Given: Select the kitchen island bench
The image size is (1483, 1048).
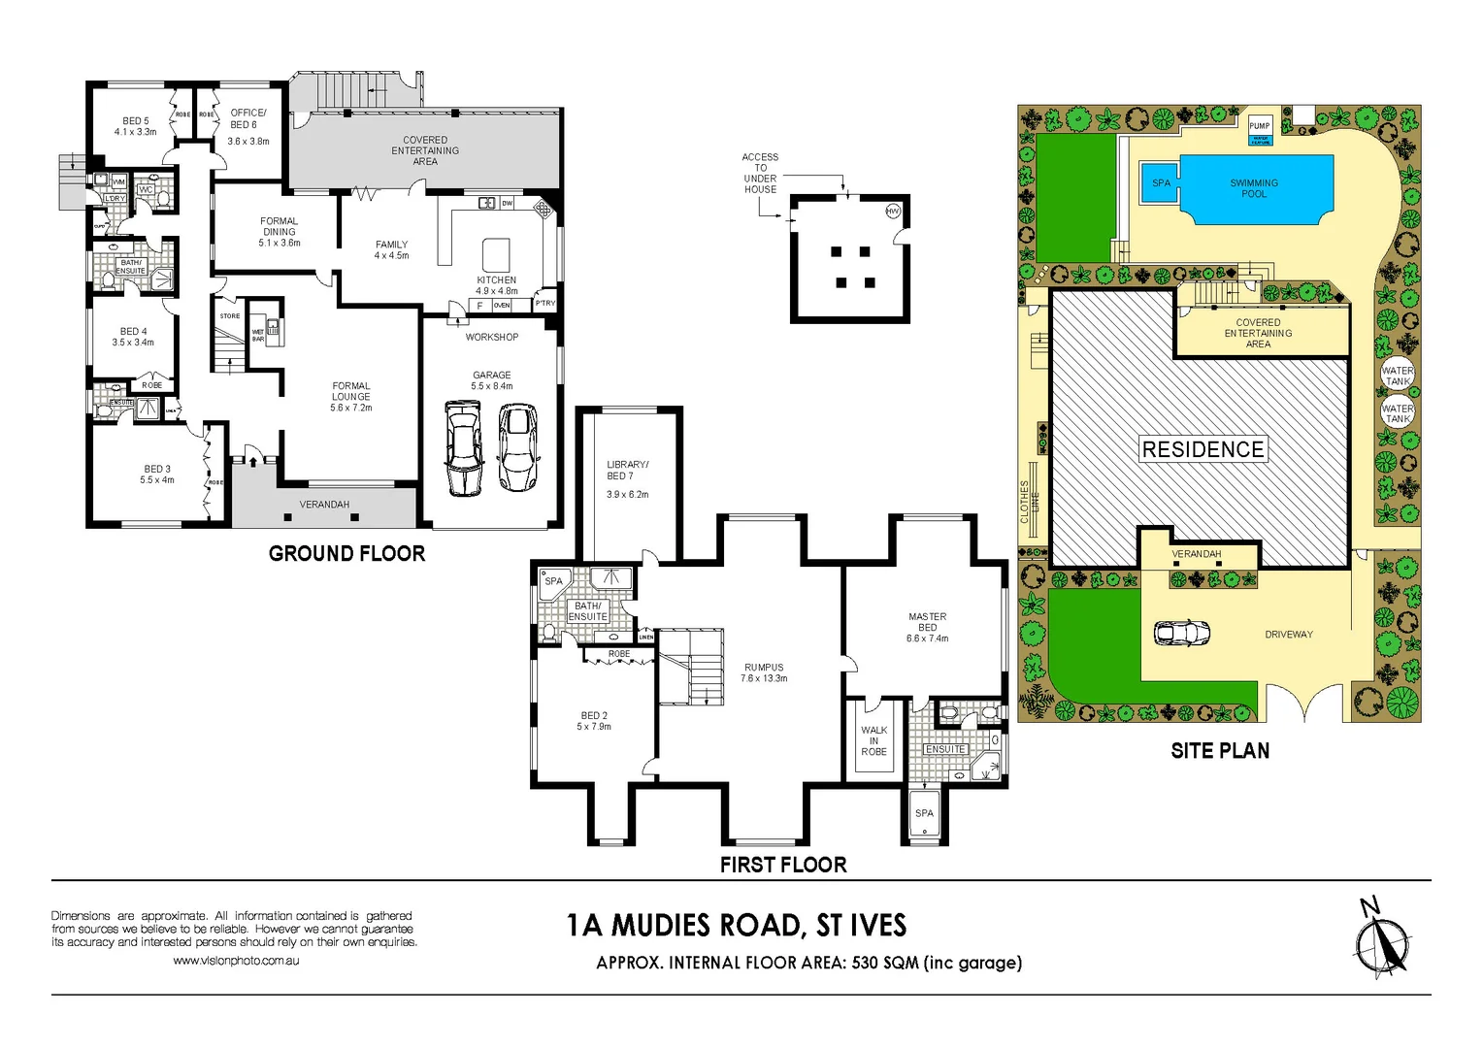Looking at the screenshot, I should (x=496, y=254).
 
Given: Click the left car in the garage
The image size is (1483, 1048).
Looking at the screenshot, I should (x=463, y=448).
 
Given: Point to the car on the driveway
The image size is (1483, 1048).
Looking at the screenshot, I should (x=1181, y=633).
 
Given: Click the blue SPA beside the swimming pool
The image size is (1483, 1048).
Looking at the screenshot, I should (x=1161, y=183).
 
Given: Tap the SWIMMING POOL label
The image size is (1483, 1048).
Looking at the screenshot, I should (x=1254, y=188).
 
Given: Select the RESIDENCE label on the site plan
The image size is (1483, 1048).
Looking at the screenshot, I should (x=1203, y=449).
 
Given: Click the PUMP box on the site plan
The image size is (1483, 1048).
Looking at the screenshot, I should (x=1260, y=126).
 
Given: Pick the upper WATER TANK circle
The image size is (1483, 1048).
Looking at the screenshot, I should (x=1398, y=375).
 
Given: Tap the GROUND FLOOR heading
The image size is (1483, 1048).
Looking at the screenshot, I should (x=346, y=553).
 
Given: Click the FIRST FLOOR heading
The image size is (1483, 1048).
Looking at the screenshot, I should (x=783, y=865).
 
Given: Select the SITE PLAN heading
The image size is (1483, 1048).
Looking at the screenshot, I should (x=1220, y=750).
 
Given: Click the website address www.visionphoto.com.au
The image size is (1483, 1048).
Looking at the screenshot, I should (x=236, y=961).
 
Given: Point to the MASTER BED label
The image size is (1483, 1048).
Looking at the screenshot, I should (x=928, y=627).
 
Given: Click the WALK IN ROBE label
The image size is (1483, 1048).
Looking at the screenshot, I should (x=873, y=740).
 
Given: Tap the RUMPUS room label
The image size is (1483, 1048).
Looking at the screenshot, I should (x=764, y=672).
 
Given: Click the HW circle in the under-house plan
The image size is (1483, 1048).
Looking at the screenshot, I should (x=893, y=212).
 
